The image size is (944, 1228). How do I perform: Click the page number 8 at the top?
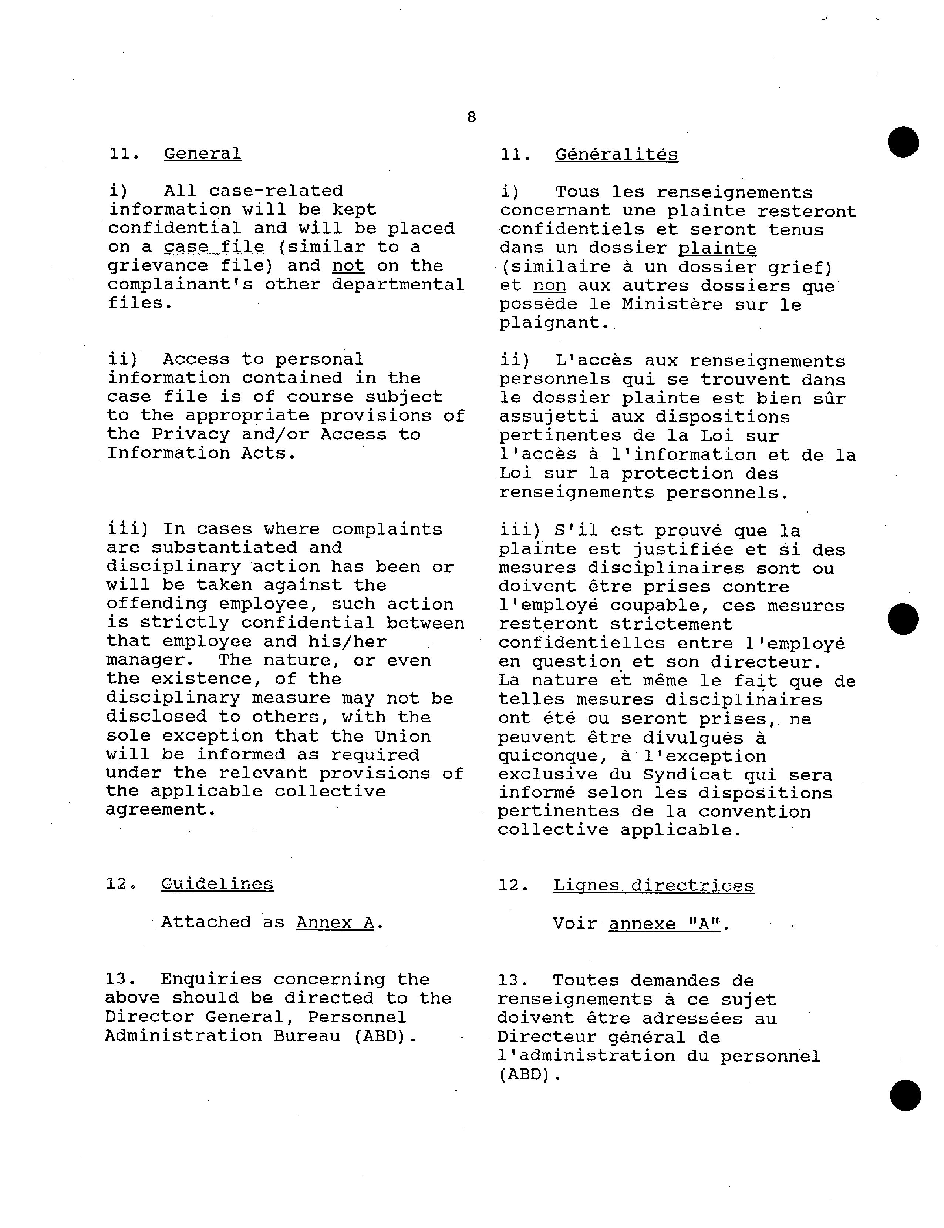[x=471, y=117]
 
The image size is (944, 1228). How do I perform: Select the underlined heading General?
[x=203, y=154]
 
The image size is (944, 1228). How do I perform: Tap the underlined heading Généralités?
[x=616, y=155]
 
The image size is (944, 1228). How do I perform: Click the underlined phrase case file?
[x=214, y=247]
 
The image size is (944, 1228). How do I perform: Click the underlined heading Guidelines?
[x=217, y=884]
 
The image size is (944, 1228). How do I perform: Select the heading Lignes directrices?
[x=654, y=886]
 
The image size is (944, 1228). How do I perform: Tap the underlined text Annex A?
[x=335, y=923]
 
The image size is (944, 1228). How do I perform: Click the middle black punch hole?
[x=903, y=619]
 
